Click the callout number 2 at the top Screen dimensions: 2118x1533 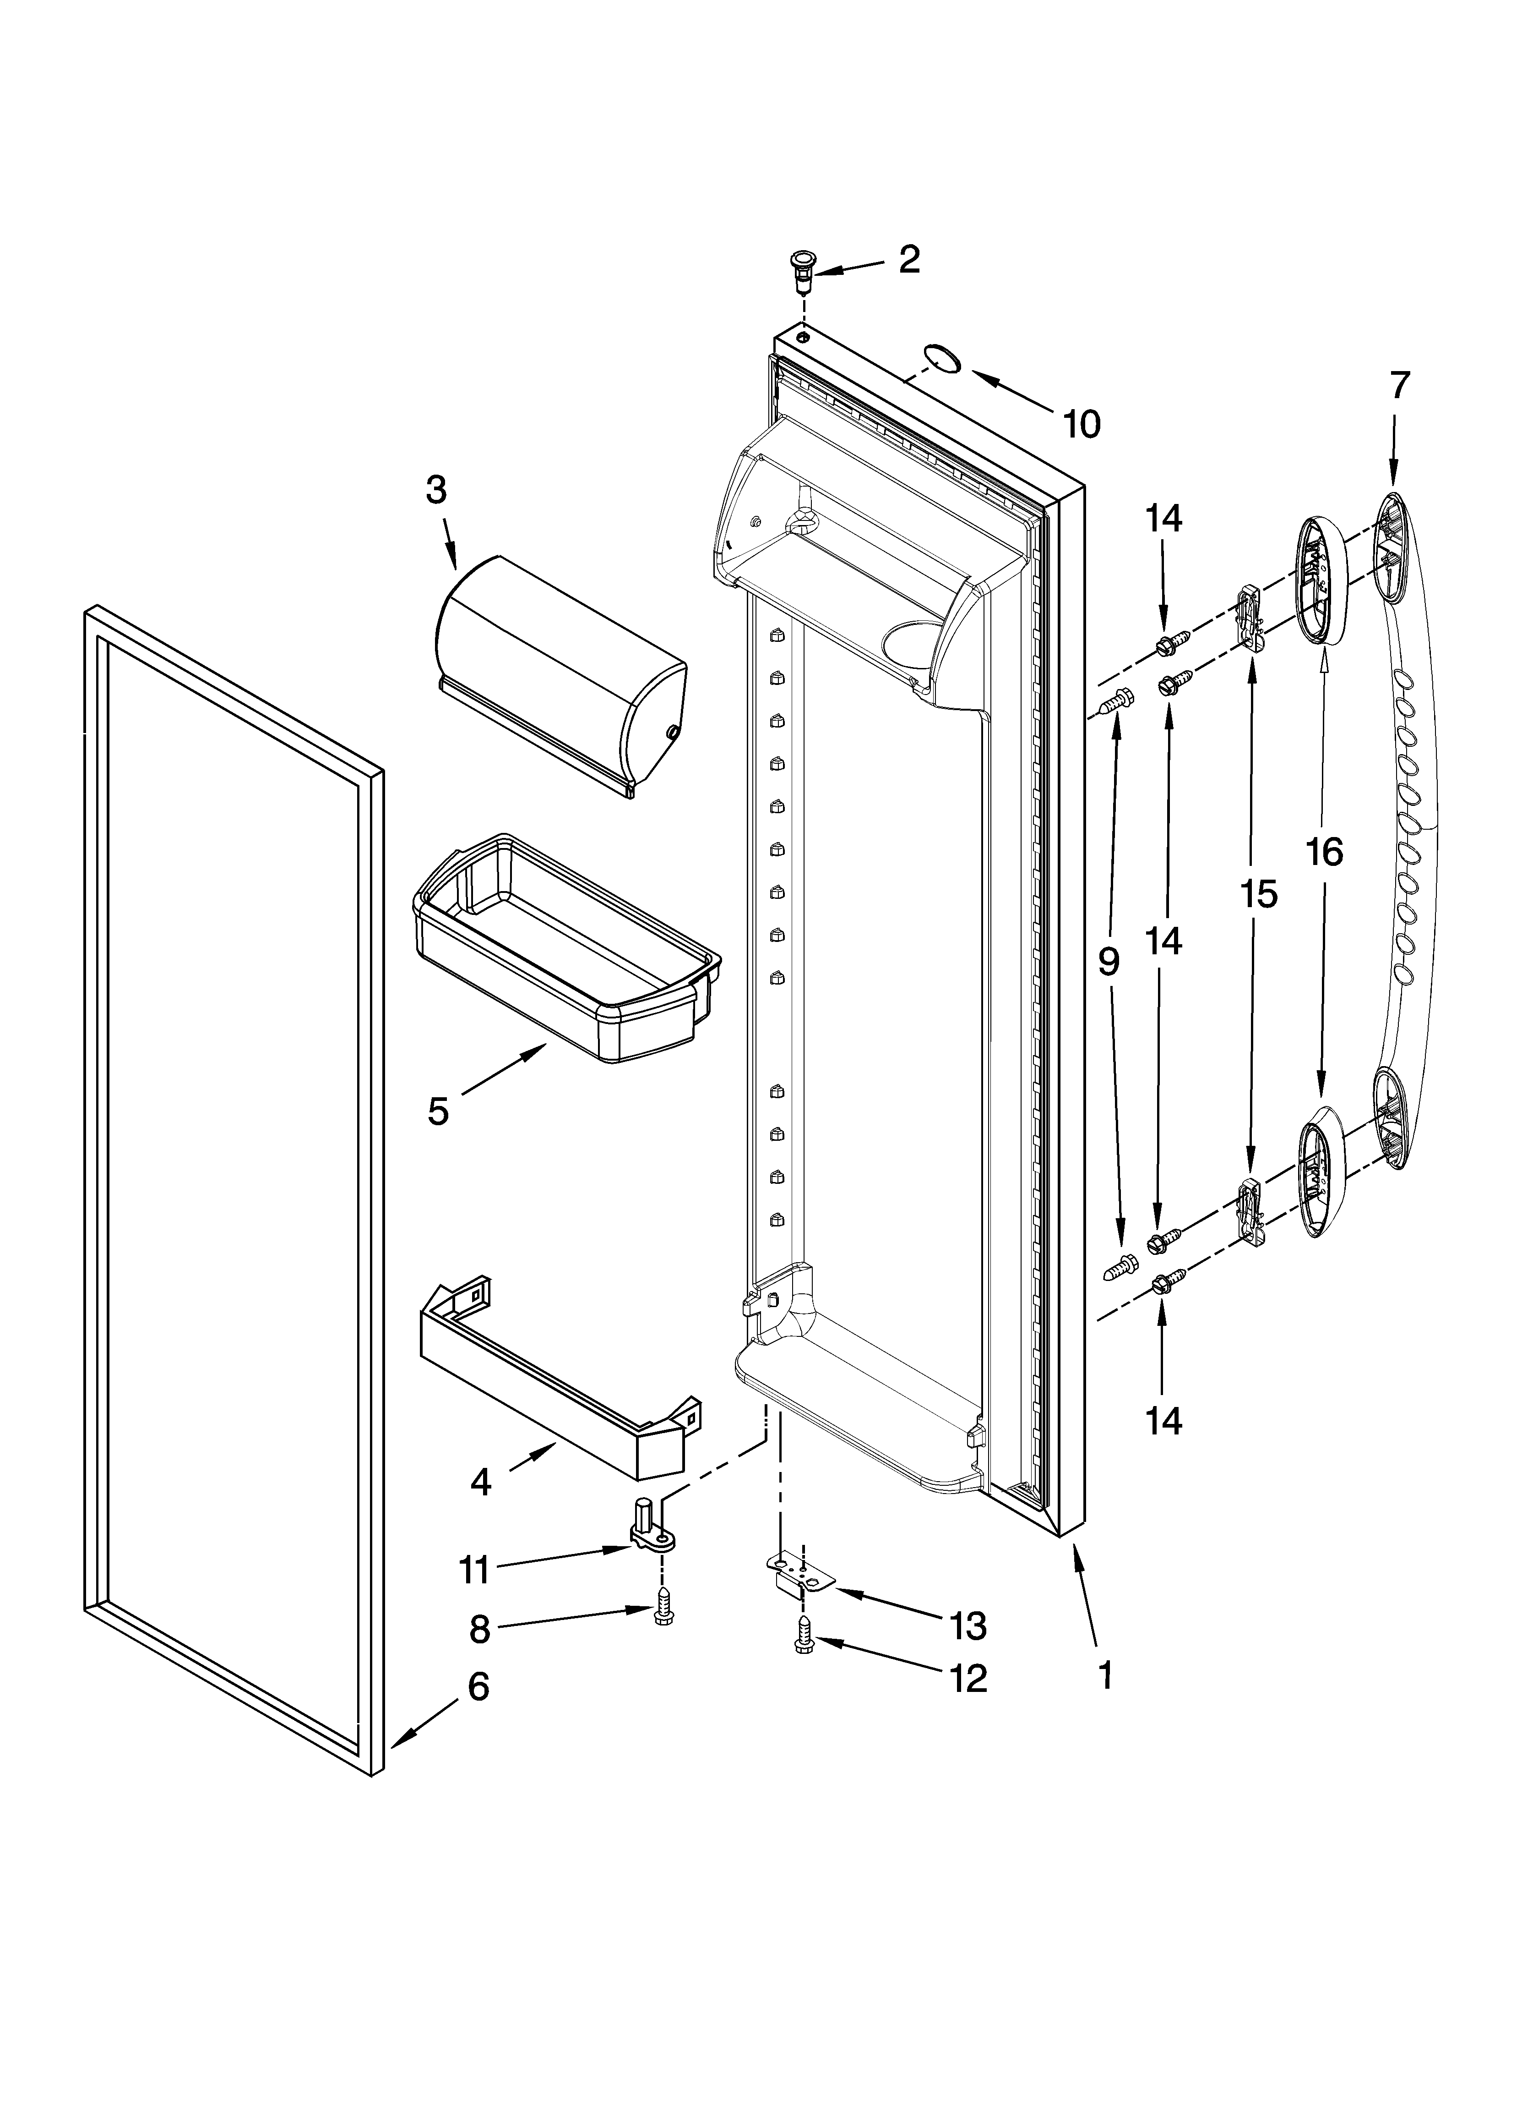point(908,260)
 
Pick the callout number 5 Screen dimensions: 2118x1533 point(438,1111)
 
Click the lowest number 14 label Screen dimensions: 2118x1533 point(1163,1421)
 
